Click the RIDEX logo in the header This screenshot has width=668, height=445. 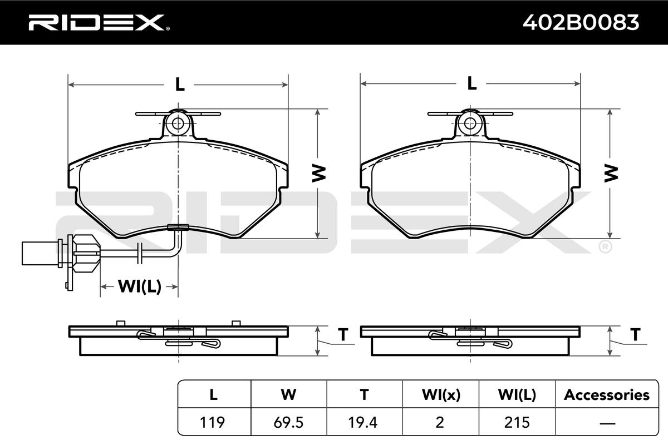point(99,22)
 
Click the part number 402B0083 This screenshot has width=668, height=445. point(581,23)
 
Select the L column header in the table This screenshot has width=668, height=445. point(214,394)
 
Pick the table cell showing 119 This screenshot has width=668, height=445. point(212,422)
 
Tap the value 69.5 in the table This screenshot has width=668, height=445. point(288,422)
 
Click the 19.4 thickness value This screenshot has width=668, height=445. point(363,422)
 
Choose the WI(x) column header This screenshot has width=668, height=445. point(441,395)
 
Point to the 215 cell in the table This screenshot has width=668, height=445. point(517,422)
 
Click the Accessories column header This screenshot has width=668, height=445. point(607,395)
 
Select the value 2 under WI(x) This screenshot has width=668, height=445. point(440,422)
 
